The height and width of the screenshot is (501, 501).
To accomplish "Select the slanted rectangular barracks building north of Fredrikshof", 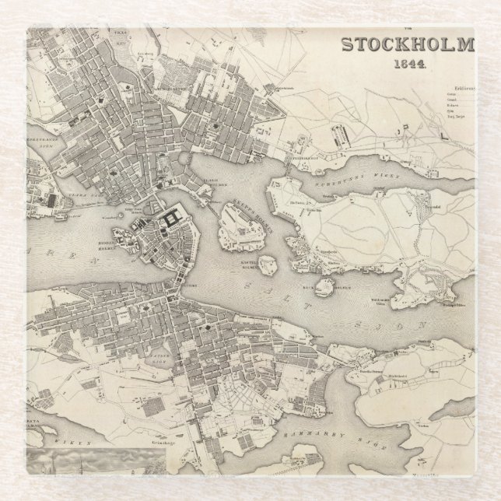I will coord(341,138).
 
